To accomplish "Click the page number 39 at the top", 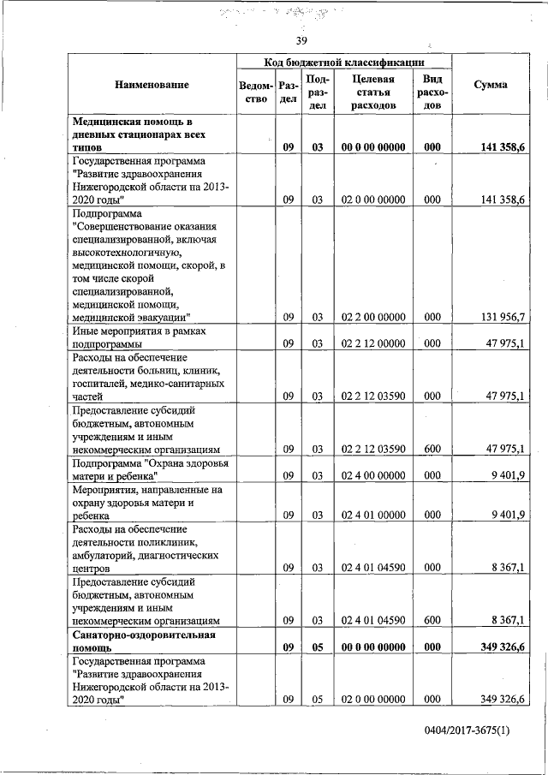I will click(x=301, y=40).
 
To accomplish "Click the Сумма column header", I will click(x=491, y=85).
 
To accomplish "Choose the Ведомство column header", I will click(x=257, y=92).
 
